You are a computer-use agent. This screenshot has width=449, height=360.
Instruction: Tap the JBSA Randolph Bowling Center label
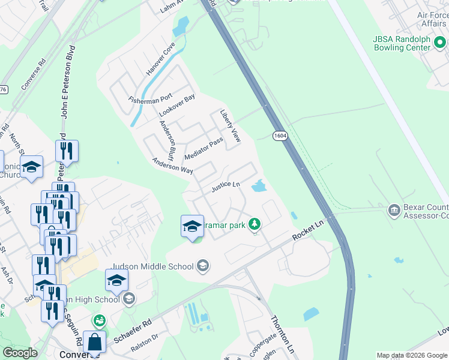410,43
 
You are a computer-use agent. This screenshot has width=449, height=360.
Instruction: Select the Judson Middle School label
152,266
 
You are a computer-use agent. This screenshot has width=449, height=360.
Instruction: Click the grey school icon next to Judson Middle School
203,266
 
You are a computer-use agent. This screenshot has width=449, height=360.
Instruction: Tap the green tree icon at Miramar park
255,224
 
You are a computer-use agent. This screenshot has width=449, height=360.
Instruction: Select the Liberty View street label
230,126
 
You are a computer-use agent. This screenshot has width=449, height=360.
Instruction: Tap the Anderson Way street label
172,166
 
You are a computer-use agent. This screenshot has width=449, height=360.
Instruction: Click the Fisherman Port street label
150,97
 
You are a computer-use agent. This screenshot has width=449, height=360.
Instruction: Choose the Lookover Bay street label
177,106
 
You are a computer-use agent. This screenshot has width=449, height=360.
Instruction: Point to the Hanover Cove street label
160,59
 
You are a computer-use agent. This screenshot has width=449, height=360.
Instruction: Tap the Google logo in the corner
20,353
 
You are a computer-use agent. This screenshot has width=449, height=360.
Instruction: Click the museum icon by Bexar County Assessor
394,209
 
